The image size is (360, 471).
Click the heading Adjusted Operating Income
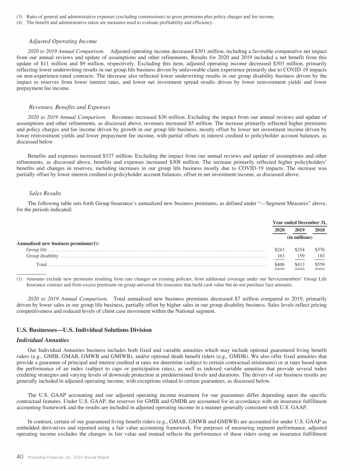coord(63,41)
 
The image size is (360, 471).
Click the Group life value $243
coord(279,249)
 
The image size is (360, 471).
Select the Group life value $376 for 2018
coord(320,249)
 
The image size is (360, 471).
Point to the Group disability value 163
coord(281,256)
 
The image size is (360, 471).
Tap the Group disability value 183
coord(321,256)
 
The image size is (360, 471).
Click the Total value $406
coord(279,265)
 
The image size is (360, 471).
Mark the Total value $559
coord(320,265)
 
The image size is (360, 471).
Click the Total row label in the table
coord(42,265)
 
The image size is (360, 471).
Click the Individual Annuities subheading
coord(43,339)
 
